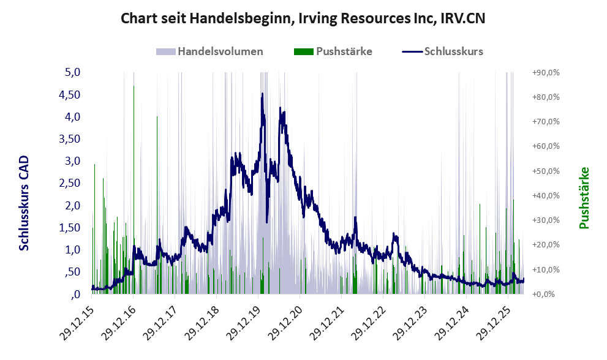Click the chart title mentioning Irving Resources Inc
point(303,18)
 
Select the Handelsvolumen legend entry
point(209,51)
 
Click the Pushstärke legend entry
point(333,51)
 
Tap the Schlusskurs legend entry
point(442,51)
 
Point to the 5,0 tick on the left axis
point(72,72)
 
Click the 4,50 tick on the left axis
point(69,95)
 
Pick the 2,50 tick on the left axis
point(69,183)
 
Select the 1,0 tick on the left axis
point(72,250)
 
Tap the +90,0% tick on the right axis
point(546,72)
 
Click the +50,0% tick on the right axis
point(546,171)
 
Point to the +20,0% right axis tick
point(546,245)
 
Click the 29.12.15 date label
point(77,324)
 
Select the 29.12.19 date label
point(244,324)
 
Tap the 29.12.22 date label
point(369,324)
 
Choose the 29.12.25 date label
point(494,324)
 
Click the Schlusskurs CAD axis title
point(24,203)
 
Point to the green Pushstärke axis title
point(584,198)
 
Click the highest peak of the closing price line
point(263,93)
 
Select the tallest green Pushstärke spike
point(134,190)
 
